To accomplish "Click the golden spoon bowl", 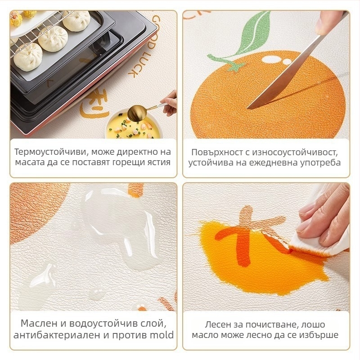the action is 137,112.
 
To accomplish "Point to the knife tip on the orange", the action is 248,108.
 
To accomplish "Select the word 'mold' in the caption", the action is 162,335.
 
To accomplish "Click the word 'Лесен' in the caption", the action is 218,324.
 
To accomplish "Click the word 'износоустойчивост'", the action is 295,153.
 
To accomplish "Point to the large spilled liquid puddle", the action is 119,227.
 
